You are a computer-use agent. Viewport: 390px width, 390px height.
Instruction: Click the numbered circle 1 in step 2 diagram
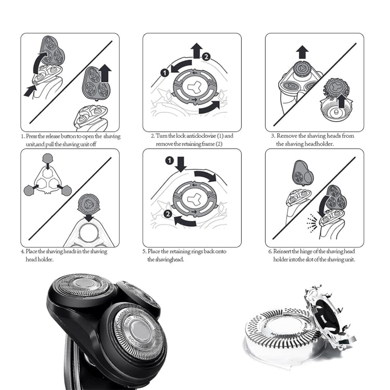click(x=165, y=73)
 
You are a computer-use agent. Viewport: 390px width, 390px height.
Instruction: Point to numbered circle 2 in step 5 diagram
click(x=167, y=213)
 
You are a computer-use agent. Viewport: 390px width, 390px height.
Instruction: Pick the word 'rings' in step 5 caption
click(x=197, y=251)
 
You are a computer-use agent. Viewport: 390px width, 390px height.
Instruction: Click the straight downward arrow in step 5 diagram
click(x=180, y=165)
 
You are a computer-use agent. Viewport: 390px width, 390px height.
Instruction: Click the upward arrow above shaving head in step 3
click(x=302, y=52)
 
